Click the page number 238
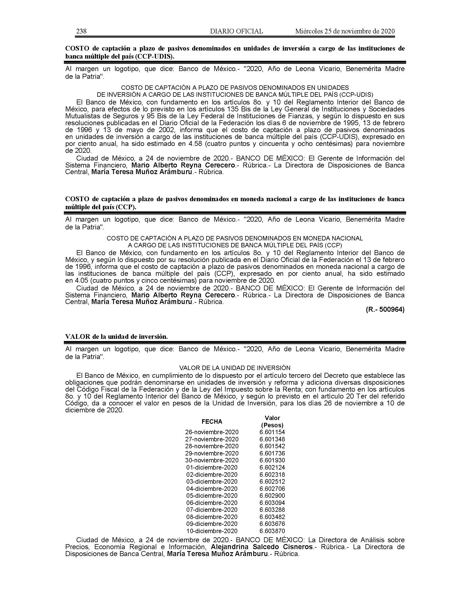81,31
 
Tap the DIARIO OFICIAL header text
236,31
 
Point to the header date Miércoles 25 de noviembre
345,31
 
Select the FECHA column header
212,421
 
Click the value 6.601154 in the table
272,432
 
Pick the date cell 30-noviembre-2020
211,460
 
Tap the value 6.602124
272,467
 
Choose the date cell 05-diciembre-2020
211,496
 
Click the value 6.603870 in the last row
272,531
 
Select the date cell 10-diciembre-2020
211,531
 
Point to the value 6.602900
272,496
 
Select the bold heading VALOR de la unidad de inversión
116,337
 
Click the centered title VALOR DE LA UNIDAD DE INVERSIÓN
235,368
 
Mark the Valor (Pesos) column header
272,421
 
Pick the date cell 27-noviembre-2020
211,439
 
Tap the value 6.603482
272,517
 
